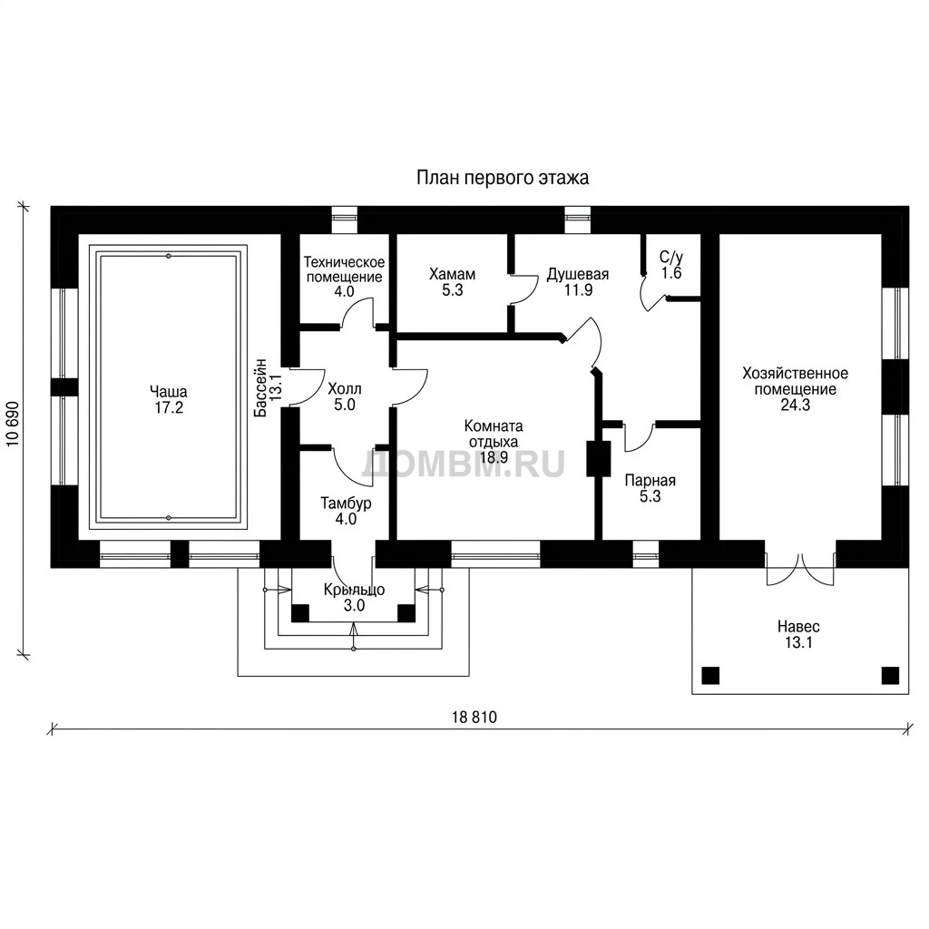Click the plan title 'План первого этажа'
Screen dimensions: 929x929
[x=503, y=178]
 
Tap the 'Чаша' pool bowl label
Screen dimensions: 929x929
[x=169, y=392]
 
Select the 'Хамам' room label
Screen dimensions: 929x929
[x=452, y=274]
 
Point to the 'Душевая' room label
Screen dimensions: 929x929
[x=578, y=274]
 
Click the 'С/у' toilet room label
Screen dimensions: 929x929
[x=671, y=257]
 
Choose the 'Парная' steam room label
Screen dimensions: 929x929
[x=650, y=481]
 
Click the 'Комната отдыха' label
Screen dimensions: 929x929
[x=494, y=434]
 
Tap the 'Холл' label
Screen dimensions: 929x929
[x=344, y=389]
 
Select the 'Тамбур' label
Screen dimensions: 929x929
[x=346, y=503]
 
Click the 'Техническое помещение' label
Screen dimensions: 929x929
[x=344, y=269]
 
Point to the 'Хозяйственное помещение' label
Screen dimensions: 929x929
[x=795, y=382]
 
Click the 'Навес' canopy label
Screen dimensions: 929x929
[x=798, y=626]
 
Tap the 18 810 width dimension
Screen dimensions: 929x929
[x=474, y=718]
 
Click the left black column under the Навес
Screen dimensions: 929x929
[x=710, y=675]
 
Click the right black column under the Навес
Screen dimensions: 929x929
[x=891, y=675]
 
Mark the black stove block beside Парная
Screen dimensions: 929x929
[x=599, y=458]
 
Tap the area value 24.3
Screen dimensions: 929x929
[x=795, y=406]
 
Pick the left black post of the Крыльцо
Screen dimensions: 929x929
[x=300, y=612]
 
